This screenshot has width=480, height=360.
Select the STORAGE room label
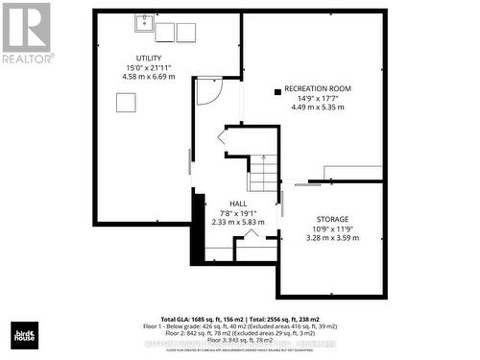[x=332, y=219]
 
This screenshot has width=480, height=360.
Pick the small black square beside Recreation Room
[x=277, y=92]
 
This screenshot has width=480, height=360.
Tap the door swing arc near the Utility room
[x=209, y=92]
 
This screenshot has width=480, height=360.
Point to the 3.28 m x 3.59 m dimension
[x=332, y=238]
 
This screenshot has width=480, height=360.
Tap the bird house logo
[x=24, y=335]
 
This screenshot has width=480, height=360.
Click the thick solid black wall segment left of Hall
[x=199, y=228]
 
